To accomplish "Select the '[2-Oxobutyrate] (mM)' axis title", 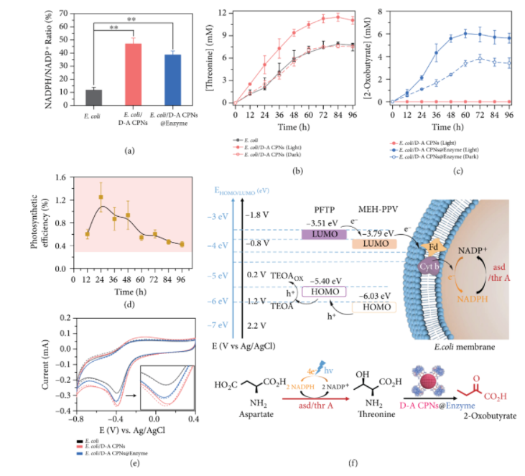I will (x=376, y=53).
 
